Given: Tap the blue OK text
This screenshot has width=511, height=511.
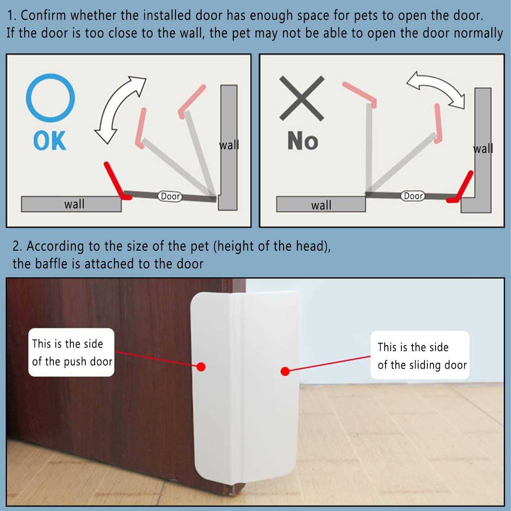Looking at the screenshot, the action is [x=50, y=141].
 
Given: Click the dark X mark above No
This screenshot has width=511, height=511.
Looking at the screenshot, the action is [x=302, y=98].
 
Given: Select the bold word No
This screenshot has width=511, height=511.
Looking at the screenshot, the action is [x=303, y=141].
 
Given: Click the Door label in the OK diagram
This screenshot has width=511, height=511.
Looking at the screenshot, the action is [x=170, y=197].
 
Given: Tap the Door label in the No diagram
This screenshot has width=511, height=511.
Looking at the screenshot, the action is [x=413, y=196].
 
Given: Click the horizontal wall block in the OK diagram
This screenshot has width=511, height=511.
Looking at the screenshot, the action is [x=71, y=204].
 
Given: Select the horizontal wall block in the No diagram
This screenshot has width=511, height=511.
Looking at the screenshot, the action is [x=321, y=204].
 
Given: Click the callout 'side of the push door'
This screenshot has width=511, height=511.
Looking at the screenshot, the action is [x=71, y=353].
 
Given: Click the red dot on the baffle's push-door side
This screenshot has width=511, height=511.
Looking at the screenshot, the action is [x=201, y=367].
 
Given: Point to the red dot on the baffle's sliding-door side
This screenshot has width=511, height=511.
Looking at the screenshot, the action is [x=285, y=371].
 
